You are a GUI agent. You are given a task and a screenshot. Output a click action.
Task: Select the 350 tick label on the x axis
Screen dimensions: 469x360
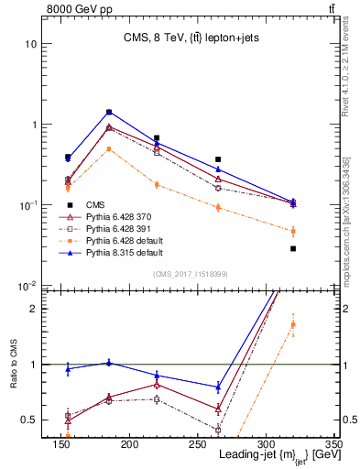tap(333, 442)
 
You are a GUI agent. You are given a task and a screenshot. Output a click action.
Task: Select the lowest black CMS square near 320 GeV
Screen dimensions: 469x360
tap(293, 248)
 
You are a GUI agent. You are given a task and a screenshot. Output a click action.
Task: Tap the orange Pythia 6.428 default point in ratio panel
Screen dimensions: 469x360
tap(293, 326)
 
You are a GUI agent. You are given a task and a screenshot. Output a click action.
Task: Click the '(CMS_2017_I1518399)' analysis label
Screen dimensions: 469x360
tap(191, 274)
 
